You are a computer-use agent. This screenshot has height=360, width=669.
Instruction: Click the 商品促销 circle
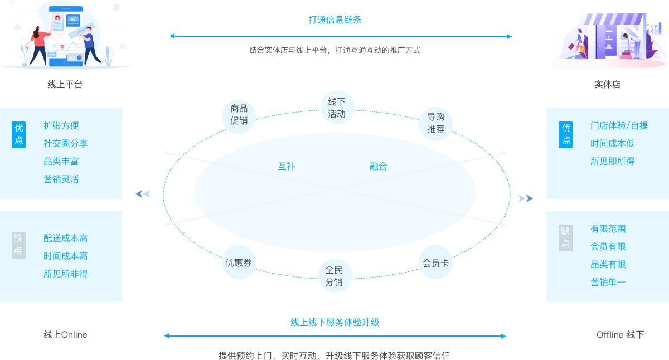239,115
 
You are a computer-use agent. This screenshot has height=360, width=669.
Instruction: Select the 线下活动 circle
337,108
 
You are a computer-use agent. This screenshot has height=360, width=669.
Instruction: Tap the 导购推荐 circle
436,123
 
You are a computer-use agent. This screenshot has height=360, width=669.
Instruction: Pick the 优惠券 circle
239,262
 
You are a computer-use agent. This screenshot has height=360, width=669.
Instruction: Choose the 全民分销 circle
334,276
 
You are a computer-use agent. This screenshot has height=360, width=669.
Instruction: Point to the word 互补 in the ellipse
287,166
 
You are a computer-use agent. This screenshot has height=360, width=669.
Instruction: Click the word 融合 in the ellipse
379,166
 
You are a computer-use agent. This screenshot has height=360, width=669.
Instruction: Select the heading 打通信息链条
335,20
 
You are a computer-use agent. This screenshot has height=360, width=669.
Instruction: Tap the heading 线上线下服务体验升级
335,322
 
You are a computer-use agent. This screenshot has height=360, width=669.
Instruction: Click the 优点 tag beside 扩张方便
19,134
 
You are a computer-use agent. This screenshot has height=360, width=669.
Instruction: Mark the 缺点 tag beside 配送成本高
19,245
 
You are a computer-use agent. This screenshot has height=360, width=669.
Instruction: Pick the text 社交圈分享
66,143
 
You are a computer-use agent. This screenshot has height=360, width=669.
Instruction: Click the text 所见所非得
66,274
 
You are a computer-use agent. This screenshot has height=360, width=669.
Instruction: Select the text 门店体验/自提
619,126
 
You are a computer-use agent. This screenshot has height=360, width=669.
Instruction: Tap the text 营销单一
608,282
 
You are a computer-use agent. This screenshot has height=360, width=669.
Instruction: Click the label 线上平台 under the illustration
65,85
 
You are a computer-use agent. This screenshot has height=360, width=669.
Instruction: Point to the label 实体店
607,85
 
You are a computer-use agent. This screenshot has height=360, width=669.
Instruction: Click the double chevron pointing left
143,194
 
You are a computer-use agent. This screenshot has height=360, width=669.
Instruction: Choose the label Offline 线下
620,334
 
